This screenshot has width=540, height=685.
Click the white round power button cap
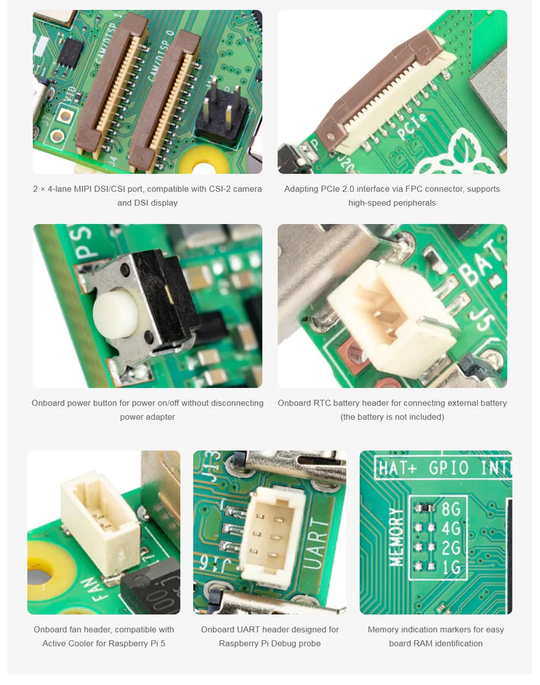tap(115, 314)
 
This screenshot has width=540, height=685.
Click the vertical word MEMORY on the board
tap(397, 537)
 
